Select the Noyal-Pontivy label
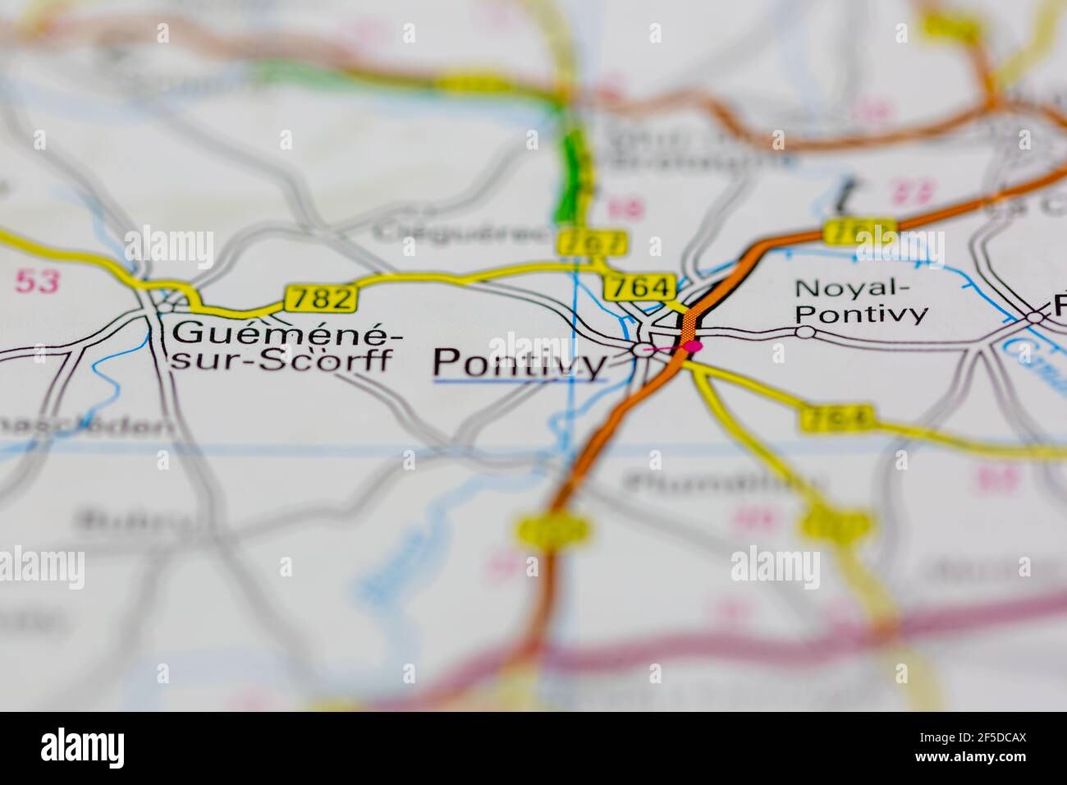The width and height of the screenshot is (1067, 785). [x=862, y=301]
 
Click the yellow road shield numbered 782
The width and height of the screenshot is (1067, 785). [x=321, y=298]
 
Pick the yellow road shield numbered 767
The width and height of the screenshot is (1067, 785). [x=592, y=242]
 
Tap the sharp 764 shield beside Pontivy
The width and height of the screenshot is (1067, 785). [x=639, y=287]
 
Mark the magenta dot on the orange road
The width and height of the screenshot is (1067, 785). [x=694, y=347]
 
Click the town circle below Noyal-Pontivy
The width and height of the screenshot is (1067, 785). [x=806, y=332]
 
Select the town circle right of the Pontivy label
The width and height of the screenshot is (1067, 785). [x=640, y=350]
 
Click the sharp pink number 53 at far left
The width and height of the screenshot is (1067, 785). [x=39, y=282]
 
